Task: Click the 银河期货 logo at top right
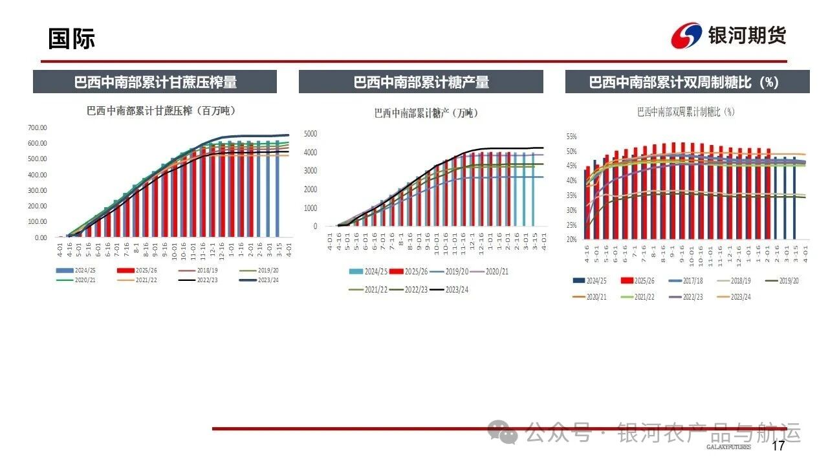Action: click(729, 36)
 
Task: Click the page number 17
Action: click(778, 446)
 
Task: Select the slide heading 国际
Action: click(71, 39)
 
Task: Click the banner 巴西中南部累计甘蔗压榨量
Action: click(155, 82)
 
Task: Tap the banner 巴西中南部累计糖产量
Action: click(421, 82)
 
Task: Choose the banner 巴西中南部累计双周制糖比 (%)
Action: click(687, 82)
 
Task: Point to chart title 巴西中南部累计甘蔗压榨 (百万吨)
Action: click(161, 111)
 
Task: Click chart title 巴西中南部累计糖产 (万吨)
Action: click(426, 113)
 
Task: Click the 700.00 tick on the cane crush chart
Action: click(38, 128)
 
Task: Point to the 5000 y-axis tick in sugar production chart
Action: click(310, 134)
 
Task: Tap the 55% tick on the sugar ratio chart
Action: click(571, 137)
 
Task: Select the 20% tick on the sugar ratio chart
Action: click(571, 239)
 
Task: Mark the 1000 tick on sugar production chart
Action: click(311, 208)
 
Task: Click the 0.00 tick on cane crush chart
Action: click(40, 238)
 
